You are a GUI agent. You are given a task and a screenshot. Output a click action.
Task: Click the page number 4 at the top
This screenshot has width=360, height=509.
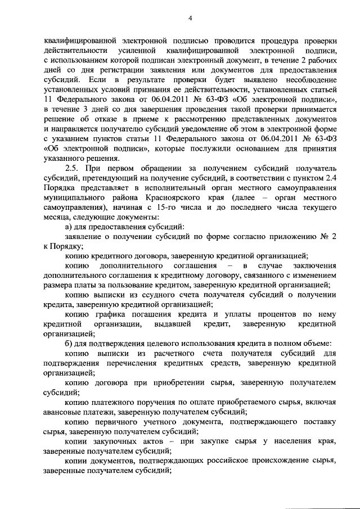coord(190,18)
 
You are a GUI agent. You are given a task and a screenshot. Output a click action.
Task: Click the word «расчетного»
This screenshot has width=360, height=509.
coord(176,353)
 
